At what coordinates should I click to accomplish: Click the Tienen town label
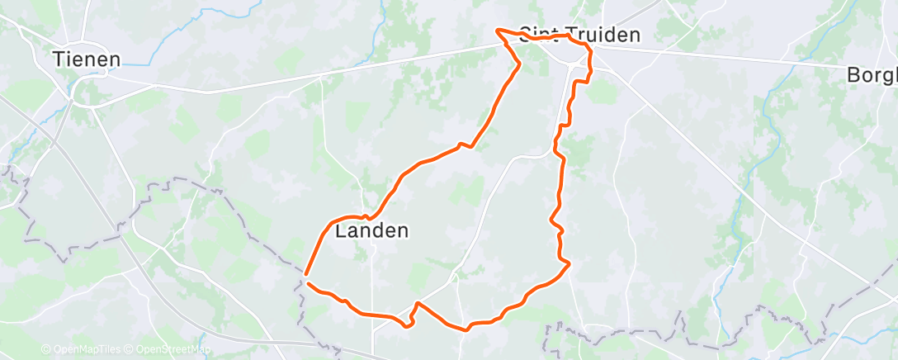(x=87, y=59)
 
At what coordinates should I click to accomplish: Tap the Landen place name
(x=372, y=231)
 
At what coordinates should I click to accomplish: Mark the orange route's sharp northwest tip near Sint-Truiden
(x=497, y=31)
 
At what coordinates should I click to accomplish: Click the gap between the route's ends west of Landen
(x=306, y=278)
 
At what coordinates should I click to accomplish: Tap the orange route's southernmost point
(x=466, y=329)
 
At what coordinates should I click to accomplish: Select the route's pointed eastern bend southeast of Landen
(x=569, y=264)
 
